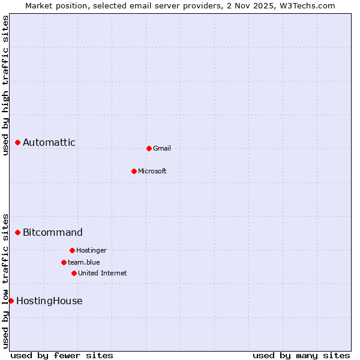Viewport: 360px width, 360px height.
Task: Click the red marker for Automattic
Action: click(x=18, y=142)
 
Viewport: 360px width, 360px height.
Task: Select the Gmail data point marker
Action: click(x=149, y=148)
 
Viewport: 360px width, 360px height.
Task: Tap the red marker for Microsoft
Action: click(x=134, y=171)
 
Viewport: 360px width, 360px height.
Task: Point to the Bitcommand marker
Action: click(x=18, y=232)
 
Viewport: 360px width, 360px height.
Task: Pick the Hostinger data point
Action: click(x=72, y=250)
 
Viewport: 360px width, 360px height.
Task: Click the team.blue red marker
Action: click(x=64, y=262)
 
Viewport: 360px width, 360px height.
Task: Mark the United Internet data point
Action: click(x=74, y=273)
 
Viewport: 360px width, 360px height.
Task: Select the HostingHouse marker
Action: click(x=11, y=301)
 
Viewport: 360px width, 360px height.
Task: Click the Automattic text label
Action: click(x=49, y=143)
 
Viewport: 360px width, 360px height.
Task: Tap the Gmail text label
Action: click(x=162, y=149)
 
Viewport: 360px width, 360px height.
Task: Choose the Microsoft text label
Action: click(x=152, y=172)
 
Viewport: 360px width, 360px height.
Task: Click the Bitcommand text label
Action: click(x=53, y=233)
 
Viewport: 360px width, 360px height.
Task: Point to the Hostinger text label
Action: click(x=91, y=251)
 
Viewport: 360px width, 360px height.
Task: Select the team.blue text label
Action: click(x=84, y=263)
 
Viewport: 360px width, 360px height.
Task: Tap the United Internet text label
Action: click(x=103, y=274)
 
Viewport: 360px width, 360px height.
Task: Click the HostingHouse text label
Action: click(x=49, y=301)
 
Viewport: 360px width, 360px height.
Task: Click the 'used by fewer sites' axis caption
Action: click(x=62, y=355)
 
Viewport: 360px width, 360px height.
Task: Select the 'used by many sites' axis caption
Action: click(x=301, y=355)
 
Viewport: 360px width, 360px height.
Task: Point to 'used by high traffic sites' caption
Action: click(x=6, y=85)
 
